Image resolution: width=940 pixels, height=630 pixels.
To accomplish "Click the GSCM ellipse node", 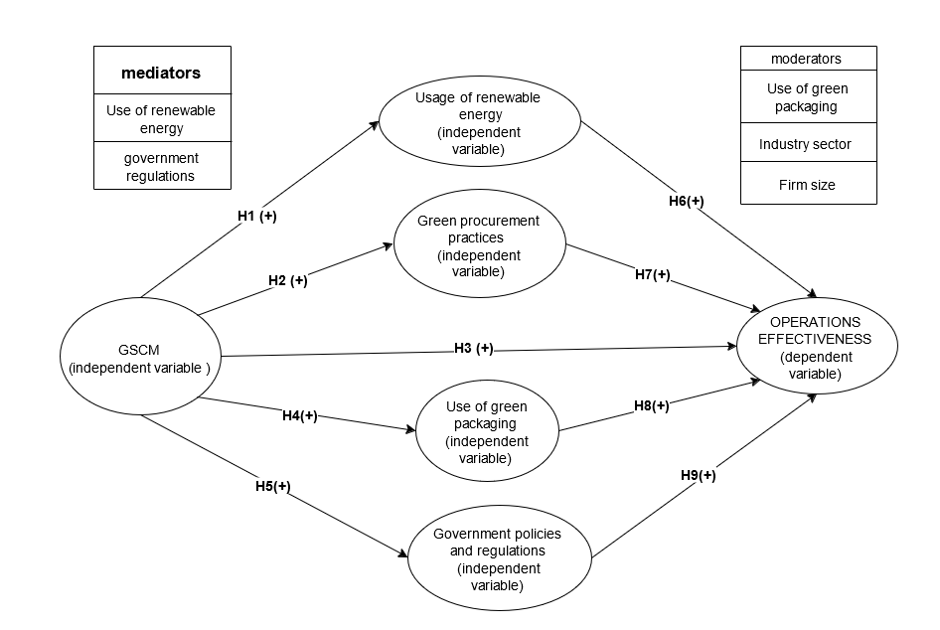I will (x=140, y=357).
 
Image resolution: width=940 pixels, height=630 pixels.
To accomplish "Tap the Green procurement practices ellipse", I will (x=479, y=245).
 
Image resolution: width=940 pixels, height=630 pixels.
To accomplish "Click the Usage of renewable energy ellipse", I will (x=480, y=123).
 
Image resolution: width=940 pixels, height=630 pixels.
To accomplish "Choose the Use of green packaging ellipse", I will (x=487, y=432).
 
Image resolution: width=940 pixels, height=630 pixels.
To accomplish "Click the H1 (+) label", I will (x=256, y=217).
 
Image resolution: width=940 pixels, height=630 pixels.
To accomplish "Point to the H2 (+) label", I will (x=287, y=280).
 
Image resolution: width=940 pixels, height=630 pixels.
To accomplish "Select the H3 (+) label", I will (x=473, y=348).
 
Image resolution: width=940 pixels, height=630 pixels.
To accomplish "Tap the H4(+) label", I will (x=299, y=415).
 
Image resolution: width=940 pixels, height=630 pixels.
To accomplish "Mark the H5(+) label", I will (x=272, y=486).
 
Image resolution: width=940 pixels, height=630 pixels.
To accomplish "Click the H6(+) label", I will (x=686, y=201).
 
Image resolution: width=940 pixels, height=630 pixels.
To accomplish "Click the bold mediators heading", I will (x=161, y=73).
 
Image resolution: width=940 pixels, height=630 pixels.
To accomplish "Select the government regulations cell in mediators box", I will (x=161, y=167).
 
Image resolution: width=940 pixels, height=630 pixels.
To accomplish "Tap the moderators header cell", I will (x=807, y=59).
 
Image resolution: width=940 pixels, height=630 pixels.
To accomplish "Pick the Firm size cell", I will (x=807, y=185).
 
